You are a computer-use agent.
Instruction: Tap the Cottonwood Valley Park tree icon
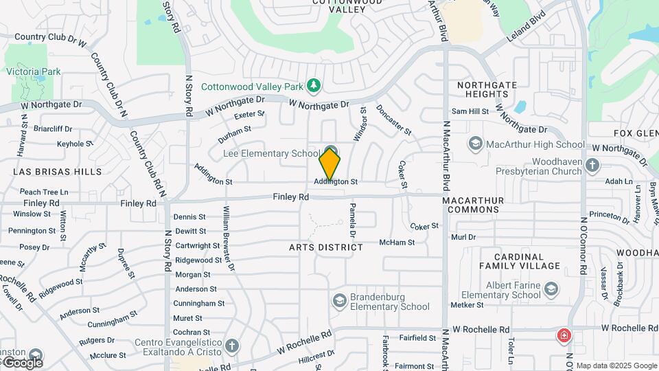tap(314, 85)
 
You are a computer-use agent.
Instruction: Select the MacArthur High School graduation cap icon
tap(475, 144)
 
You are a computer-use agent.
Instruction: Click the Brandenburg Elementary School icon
tap(339, 300)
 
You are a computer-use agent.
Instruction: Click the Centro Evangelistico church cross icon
tap(233, 346)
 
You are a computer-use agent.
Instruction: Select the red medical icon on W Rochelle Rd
tap(564, 336)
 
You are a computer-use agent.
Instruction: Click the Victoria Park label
tap(34, 71)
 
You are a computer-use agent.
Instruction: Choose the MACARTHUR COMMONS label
tap(473, 205)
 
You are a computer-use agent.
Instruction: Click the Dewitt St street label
tap(190, 232)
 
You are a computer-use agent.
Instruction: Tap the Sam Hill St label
tap(470, 111)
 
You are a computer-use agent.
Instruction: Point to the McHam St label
tap(397, 243)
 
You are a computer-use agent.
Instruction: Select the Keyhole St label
tap(75, 144)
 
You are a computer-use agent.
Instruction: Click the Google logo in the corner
tap(23, 362)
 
